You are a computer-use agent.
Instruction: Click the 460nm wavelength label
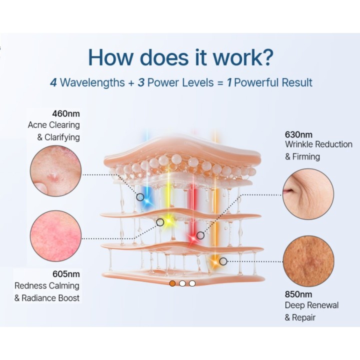66,113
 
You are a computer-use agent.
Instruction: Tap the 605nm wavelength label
66,274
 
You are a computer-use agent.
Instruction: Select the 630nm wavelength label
298,134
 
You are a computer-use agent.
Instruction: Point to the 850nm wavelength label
298,294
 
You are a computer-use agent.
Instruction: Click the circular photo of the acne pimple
56,171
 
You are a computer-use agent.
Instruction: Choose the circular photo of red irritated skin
56,236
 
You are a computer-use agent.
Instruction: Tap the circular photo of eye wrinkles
308,194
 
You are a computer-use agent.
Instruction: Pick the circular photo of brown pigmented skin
308,261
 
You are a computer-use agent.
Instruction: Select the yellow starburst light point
169,221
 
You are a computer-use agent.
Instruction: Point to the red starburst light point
192,238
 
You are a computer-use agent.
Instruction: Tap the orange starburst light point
215,262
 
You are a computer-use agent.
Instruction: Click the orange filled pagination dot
172,283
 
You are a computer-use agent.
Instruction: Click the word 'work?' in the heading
243,57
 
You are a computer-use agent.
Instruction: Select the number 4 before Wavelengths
53,82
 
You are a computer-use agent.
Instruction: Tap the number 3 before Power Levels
141,82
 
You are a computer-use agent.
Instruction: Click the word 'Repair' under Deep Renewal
303,318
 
